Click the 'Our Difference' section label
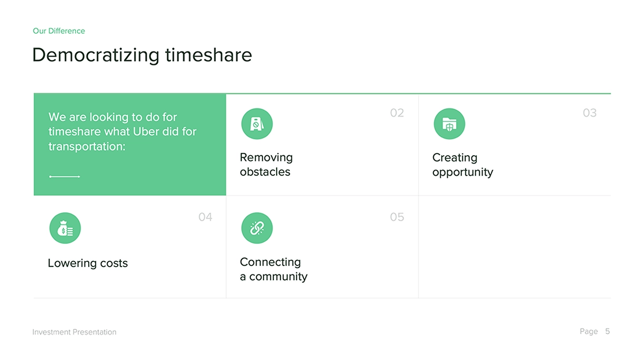click(59, 31)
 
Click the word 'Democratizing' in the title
click(96, 55)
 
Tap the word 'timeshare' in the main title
click(209, 54)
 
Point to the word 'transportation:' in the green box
click(87, 146)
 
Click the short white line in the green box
click(64, 176)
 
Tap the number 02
click(396, 113)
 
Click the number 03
click(590, 113)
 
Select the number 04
click(205, 217)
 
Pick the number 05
click(396, 217)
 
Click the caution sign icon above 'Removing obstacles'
click(257, 124)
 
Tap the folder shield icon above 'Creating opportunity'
click(449, 124)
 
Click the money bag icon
click(65, 228)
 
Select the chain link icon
click(257, 228)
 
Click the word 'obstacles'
click(265, 172)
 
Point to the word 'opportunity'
click(463, 173)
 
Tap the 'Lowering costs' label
click(88, 263)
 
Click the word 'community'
click(278, 277)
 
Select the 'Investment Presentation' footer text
click(74, 332)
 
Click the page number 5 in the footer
click(608, 331)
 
